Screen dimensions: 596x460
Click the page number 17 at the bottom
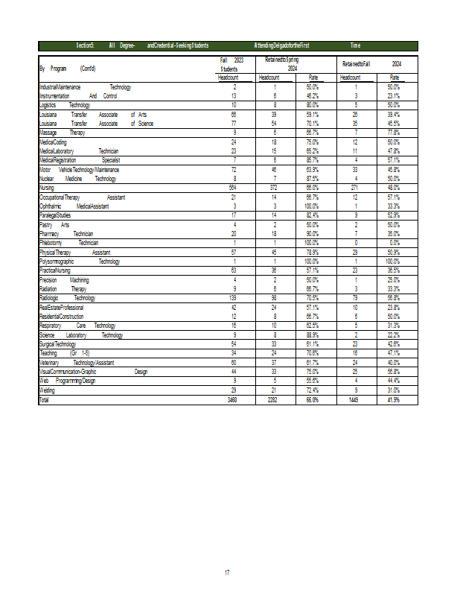[x=227, y=572]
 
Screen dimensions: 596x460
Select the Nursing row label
[x=46, y=188]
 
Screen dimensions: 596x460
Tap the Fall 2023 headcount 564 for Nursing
[x=233, y=188]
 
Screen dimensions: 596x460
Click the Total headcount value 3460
[x=233, y=400]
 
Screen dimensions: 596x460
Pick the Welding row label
[x=46, y=390]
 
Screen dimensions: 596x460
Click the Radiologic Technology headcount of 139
[x=233, y=297]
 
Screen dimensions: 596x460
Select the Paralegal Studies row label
[x=54, y=215]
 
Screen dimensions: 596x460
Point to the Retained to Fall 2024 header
[x=376, y=65]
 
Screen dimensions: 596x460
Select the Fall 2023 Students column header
[x=233, y=63]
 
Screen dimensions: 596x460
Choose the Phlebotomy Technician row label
[x=68, y=243]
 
